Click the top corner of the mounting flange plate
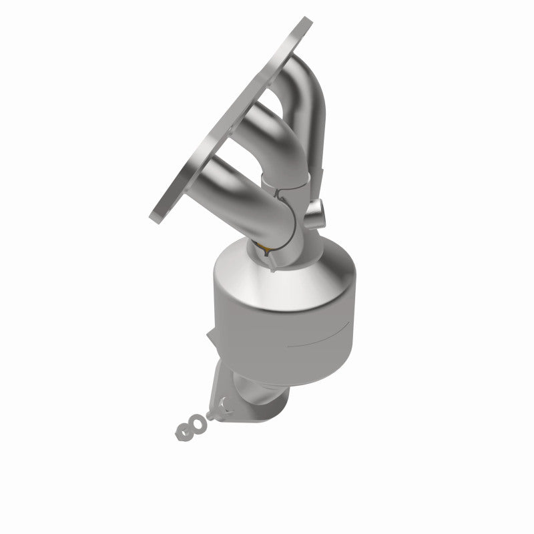point(305,20)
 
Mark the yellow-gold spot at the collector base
point(266,250)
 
